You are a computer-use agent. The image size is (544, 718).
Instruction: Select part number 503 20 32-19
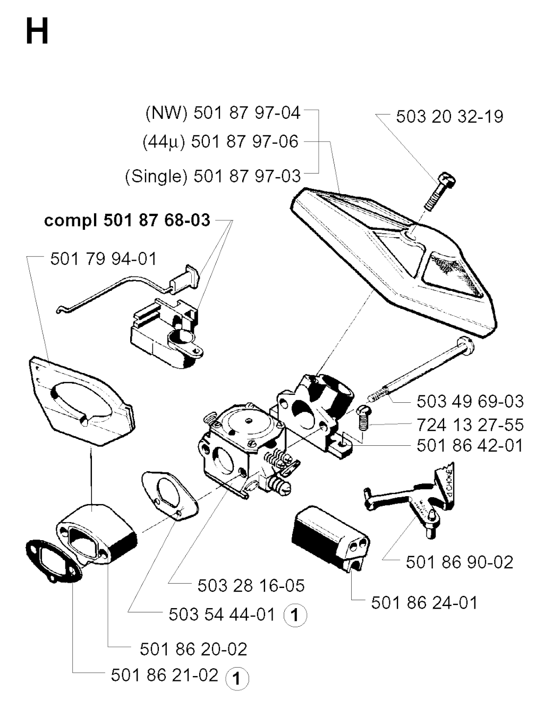click(x=449, y=116)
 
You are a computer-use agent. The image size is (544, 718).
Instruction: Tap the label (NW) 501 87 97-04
click(x=223, y=113)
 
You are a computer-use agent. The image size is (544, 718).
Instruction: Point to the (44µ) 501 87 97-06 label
click(x=220, y=142)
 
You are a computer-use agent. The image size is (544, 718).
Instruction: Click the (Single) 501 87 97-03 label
click(x=213, y=176)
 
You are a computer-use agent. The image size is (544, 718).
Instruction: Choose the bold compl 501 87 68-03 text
click(x=127, y=220)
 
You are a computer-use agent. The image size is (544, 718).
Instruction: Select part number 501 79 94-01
click(x=104, y=259)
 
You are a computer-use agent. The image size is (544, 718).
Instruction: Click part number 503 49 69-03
click(x=470, y=401)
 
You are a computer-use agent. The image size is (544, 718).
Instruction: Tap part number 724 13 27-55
click(x=470, y=425)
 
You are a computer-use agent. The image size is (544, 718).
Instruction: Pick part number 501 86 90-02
click(x=460, y=562)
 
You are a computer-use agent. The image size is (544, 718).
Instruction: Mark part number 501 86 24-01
click(x=424, y=603)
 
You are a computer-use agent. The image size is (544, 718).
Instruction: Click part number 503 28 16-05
click(x=251, y=586)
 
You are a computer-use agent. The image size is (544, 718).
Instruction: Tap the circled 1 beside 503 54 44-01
click(x=295, y=616)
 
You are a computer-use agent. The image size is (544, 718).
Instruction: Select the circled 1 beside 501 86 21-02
click(x=237, y=679)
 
